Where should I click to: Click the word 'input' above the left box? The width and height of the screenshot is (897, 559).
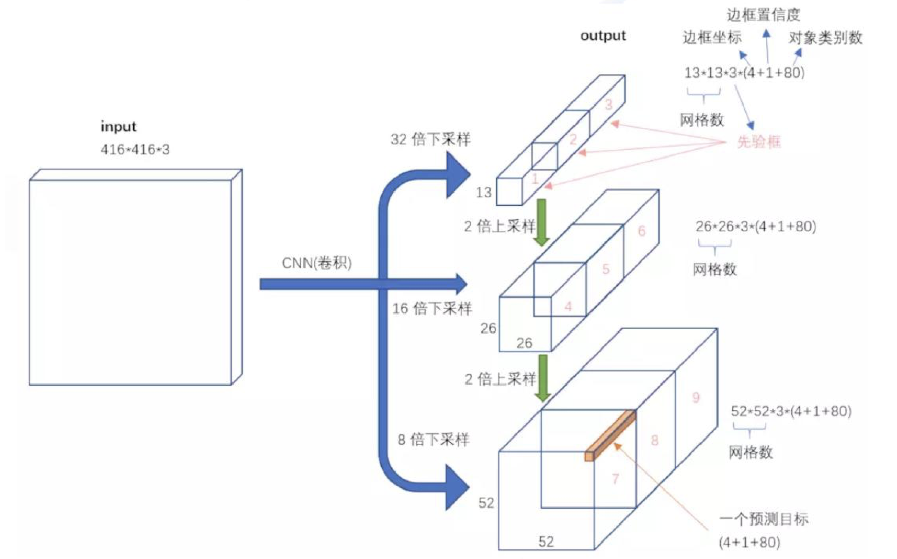pos(118,127)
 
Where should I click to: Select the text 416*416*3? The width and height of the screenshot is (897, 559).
pos(135,150)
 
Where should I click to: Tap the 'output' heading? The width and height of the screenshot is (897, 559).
pos(603,36)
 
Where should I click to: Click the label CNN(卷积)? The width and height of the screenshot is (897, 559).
pos(316,263)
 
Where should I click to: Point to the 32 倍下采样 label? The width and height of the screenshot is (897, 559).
pos(430,139)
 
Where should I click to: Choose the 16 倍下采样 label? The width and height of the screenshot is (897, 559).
pos(432,308)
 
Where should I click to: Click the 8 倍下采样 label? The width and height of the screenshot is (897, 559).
pos(433,440)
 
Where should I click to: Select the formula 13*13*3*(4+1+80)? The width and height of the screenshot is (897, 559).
pos(744,73)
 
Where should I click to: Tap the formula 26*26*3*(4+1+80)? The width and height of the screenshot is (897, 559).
pos(756,226)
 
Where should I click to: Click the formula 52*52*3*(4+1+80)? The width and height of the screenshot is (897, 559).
pos(791,411)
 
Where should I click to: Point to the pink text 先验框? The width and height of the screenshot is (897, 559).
pos(759,142)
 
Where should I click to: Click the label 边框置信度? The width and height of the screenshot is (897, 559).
pos(763,15)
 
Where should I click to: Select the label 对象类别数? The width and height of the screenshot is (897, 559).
pos(825,38)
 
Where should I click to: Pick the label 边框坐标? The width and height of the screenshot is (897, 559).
pos(712,38)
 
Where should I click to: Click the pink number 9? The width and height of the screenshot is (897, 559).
pos(696,397)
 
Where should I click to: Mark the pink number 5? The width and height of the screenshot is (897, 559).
pos(606,269)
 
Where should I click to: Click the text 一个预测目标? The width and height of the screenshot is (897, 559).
pos(763,519)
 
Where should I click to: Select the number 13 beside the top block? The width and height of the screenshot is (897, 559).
pos(483,193)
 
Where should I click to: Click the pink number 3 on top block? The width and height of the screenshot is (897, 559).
pos(608,104)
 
